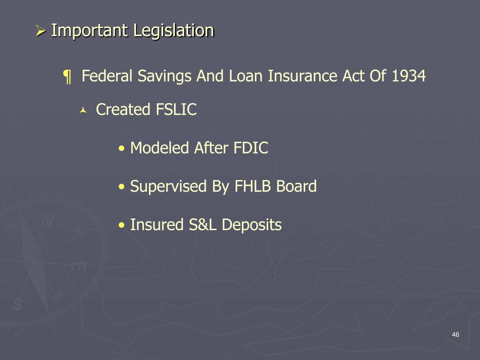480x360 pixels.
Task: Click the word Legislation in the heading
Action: click(174, 31)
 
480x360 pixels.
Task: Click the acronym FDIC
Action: click(250, 149)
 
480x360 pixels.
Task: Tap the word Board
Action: click(296, 187)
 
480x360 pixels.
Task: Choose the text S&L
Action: click(203, 225)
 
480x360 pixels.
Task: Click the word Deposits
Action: click(251, 225)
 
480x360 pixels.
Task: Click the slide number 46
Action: click(455, 334)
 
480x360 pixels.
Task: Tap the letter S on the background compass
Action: click(17, 304)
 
